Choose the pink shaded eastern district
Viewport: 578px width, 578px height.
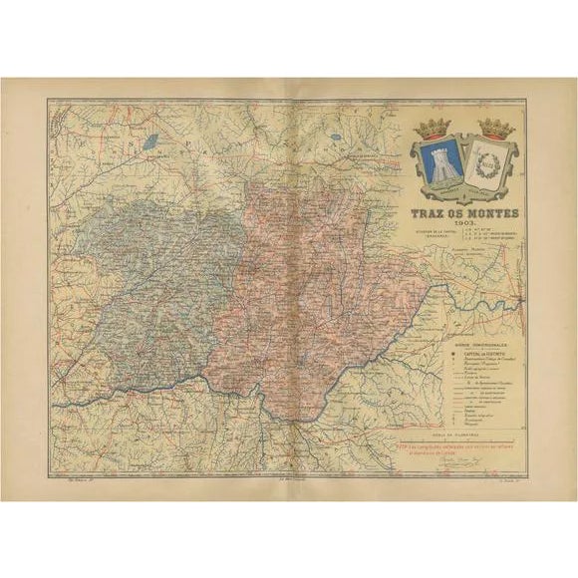pos(319,269)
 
